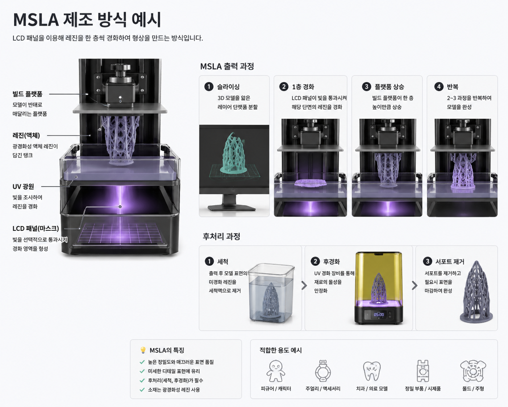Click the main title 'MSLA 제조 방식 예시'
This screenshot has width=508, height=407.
click(x=87, y=19)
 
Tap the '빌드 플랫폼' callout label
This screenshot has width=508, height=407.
click(x=28, y=94)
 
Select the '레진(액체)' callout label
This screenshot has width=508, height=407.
click(x=26, y=135)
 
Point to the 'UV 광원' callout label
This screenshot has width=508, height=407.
click(x=23, y=186)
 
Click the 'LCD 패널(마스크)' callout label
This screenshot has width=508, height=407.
click(x=36, y=228)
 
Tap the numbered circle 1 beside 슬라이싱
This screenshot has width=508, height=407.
click(x=209, y=87)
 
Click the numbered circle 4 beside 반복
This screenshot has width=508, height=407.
click(x=438, y=87)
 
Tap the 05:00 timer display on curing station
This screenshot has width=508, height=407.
click(x=379, y=314)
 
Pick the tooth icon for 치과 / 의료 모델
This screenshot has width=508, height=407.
click(x=372, y=371)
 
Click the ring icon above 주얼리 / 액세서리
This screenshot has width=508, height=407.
click(x=323, y=371)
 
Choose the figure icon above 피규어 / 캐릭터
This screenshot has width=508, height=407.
click(x=276, y=371)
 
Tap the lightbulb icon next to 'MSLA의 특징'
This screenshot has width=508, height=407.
click(x=143, y=350)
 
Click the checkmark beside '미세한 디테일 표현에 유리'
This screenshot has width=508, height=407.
click(x=142, y=371)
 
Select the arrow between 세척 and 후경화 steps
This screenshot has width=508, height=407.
click(x=304, y=285)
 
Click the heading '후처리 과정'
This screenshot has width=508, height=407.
click(x=221, y=237)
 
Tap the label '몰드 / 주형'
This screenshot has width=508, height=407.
click(x=473, y=389)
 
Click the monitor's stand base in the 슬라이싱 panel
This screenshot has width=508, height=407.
click(x=232, y=208)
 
